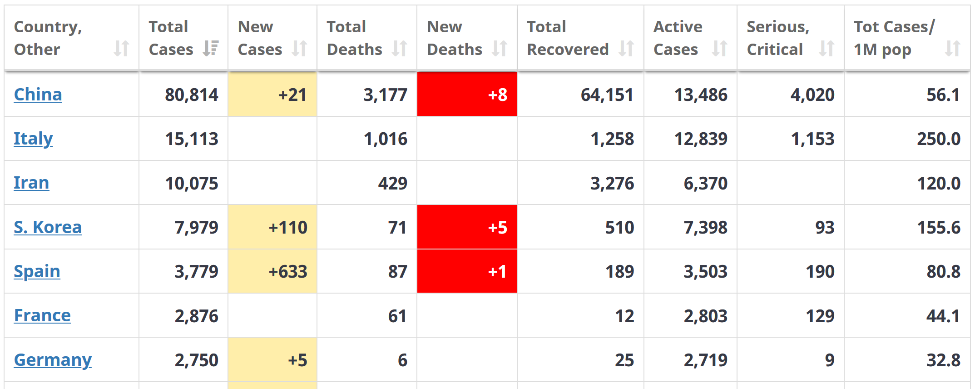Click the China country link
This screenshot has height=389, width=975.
click(38, 95)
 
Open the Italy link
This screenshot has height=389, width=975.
click(33, 139)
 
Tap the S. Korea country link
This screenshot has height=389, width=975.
click(48, 227)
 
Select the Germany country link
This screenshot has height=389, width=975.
click(53, 360)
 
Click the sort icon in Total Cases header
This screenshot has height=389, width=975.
click(211, 48)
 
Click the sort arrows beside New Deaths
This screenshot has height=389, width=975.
click(500, 48)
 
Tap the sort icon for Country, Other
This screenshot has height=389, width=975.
click(121, 48)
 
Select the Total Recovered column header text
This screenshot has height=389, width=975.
click(568, 38)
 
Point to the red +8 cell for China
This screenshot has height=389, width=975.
click(467, 95)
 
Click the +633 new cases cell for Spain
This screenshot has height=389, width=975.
click(272, 272)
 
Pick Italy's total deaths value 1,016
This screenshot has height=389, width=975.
click(386, 139)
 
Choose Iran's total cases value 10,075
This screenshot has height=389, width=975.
click(192, 184)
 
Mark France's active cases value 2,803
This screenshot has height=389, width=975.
click(706, 316)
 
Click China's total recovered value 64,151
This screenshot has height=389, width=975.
click(607, 95)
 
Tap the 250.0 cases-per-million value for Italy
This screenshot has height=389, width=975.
click(939, 139)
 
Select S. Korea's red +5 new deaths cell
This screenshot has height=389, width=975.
click(467, 227)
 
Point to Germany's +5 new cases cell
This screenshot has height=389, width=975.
click(272, 360)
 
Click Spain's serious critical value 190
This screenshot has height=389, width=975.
click(820, 272)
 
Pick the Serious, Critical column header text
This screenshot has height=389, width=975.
click(778, 38)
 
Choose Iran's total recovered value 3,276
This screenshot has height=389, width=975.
click(612, 184)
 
